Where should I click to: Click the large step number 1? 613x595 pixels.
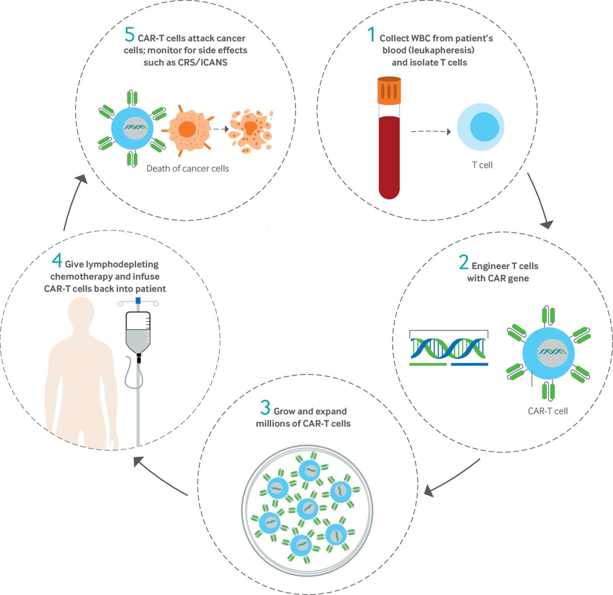tap(371, 35)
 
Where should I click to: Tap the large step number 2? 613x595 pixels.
tap(464, 262)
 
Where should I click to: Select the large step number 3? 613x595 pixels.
tap(265, 408)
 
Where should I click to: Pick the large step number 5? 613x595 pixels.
tap(129, 35)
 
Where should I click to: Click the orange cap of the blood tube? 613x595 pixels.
tap(389, 90)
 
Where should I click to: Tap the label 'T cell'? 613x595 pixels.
tap(482, 165)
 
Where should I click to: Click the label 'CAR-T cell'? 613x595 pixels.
tap(547, 411)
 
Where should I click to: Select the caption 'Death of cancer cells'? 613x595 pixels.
tap(187, 169)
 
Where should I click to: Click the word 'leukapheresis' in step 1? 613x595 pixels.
tap(429, 50)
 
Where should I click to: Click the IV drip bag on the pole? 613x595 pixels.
tap(138, 332)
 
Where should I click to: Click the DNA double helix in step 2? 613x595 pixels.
tap(448, 348)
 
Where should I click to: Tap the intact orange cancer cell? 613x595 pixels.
tap(187, 130)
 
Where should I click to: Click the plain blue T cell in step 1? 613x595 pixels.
tap(480, 127)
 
